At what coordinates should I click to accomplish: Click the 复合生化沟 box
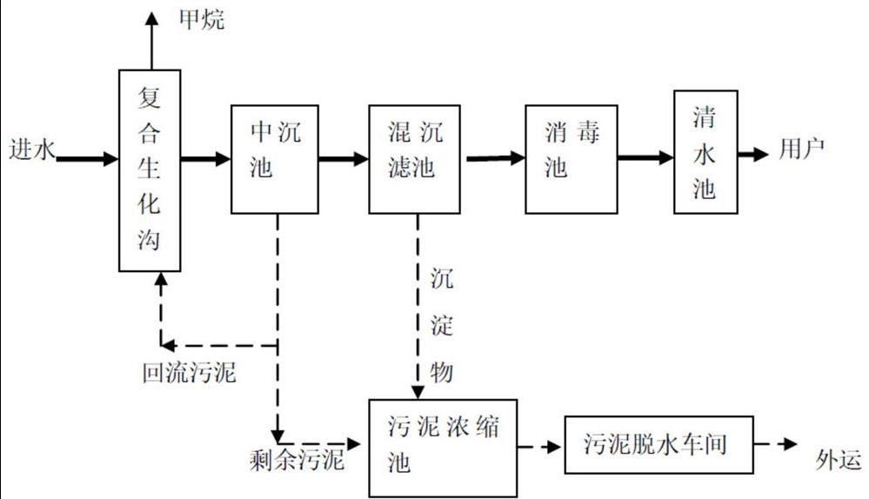tap(150, 170)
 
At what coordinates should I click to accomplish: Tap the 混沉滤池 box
tap(414, 159)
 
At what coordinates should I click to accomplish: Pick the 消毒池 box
tap(571, 159)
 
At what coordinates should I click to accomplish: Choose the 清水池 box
tap(706, 151)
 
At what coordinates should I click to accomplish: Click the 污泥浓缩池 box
tap(443, 448)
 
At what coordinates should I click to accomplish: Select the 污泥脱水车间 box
tap(659, 445)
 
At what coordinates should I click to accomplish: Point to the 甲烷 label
tap(201, 19)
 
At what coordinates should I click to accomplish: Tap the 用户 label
tap(800, 150)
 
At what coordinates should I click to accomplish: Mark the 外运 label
tap(838, 456)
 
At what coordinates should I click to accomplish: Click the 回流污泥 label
tap(189, 373)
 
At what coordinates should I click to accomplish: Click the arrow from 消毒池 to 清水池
tap(645, 158)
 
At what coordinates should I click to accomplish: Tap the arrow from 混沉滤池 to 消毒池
tap(495, 158)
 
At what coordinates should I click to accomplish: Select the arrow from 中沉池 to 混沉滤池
tap(343, 159)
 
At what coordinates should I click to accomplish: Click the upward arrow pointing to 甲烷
tap(150, 39)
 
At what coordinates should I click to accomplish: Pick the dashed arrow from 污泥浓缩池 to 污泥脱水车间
tap(539, 447)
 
